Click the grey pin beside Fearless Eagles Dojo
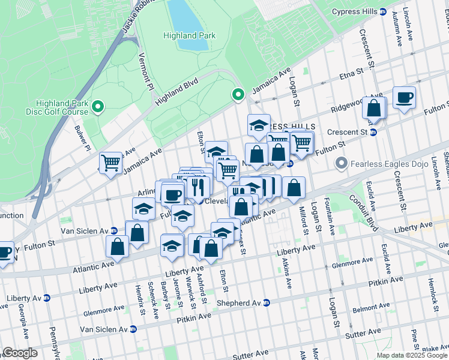click(342, 163)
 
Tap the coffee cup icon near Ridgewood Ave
click(404, 97)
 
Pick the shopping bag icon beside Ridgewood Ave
click(374, 108)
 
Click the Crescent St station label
click(346, 132)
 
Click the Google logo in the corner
click(19, 353)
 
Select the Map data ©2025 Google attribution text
click(412, 355)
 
